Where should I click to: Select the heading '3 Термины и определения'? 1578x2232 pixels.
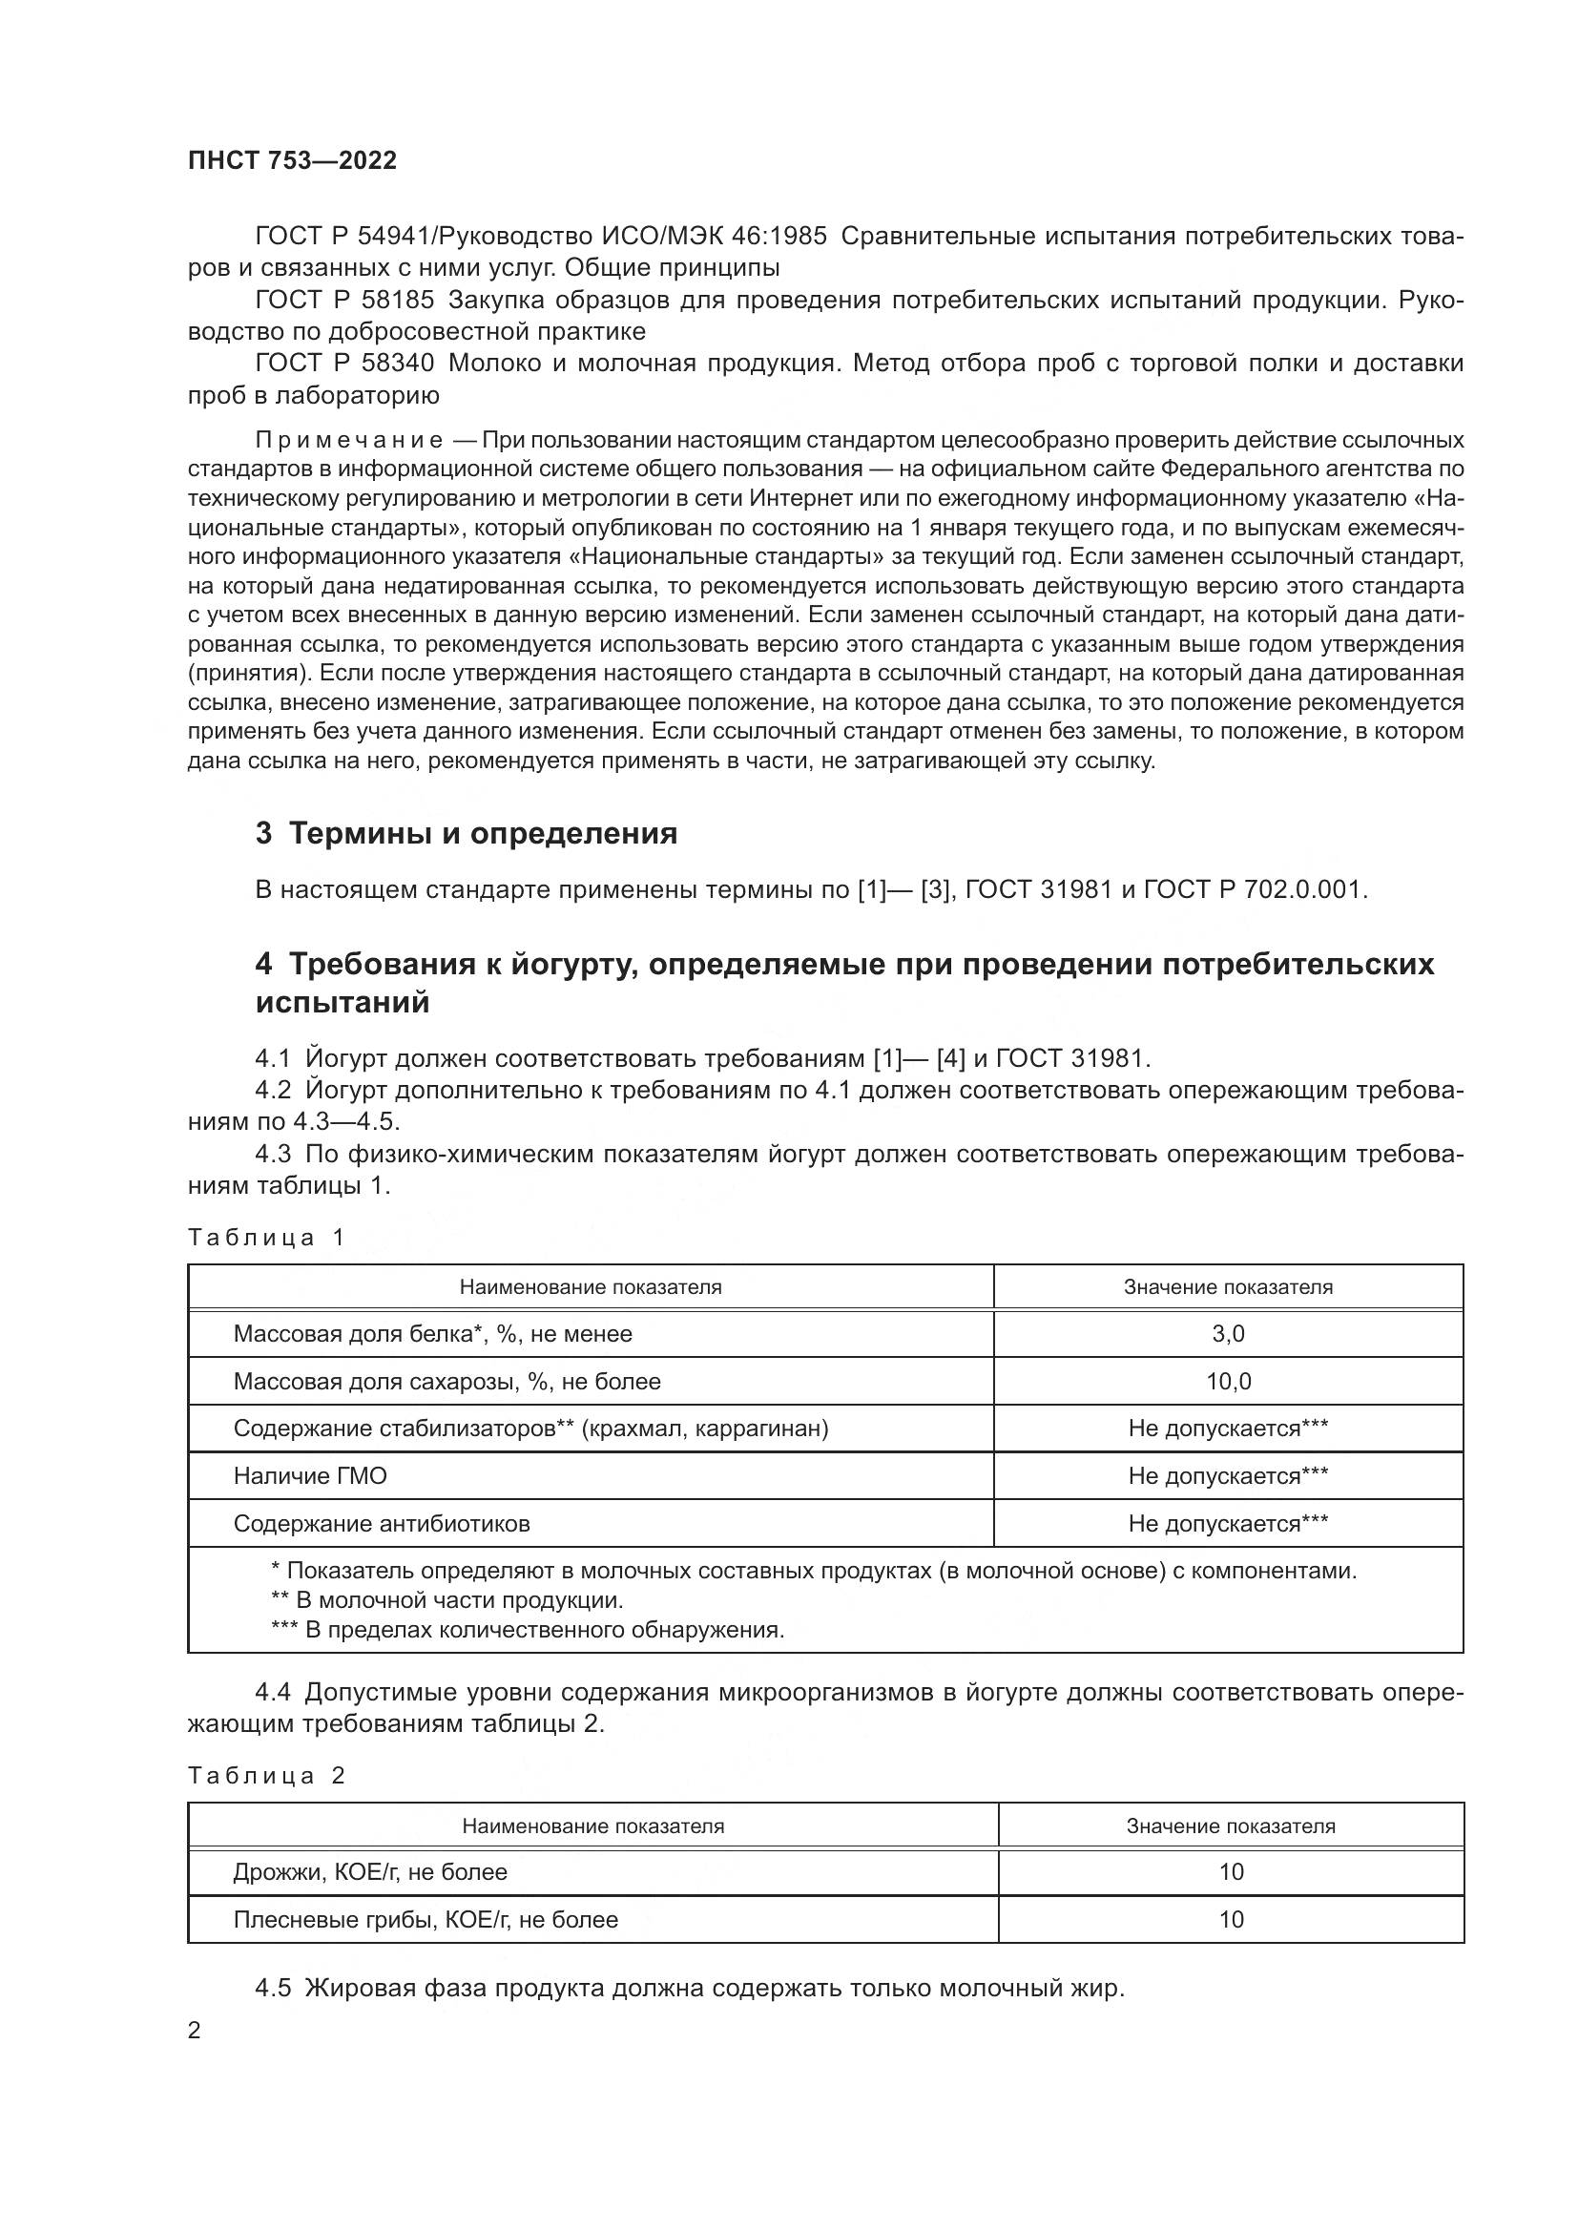point(466,833)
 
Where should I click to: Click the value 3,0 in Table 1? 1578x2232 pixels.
point(1228,1334)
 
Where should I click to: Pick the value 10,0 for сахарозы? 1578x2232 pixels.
point(1228,1382)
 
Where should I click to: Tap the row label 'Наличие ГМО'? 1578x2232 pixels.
point(310,1475)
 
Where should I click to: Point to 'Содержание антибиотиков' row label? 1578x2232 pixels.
point(382,1523)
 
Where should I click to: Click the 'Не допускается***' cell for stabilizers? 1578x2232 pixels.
point(1228,1429)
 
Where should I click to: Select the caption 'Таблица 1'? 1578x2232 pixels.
point(266,1238)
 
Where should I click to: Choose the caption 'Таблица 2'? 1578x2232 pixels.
point(266,1776)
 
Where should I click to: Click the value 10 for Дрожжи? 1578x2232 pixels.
point(1231,1871)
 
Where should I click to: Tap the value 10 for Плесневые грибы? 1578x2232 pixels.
point(1231,1919)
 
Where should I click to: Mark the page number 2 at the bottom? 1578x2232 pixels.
point(195,2030)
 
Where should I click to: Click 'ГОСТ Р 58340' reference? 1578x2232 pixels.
point(344,364)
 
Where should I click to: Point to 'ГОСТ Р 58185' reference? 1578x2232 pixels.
point(344,301)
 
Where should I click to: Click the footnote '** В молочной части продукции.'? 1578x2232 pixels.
point(446,1599)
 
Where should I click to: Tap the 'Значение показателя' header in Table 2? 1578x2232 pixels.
point(1231,1825)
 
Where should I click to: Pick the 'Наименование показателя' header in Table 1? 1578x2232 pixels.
point(591,1287)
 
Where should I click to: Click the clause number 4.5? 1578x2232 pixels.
point(273,1988)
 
